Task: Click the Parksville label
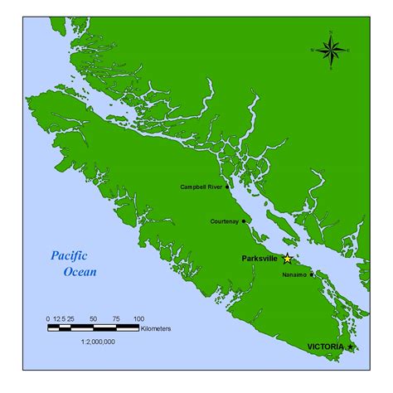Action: pos(260,259)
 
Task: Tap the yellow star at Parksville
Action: pos(288,259)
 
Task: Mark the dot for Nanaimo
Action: pos(311,274)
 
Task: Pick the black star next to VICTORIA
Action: pos(351,346)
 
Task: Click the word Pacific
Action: pos(68,257)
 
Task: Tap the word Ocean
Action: pos(80,271)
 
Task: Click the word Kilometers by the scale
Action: pos(156,329)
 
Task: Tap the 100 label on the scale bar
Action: pos(138,318)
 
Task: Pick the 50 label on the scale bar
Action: pos(93,318)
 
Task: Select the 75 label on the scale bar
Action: pos(116,318)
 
